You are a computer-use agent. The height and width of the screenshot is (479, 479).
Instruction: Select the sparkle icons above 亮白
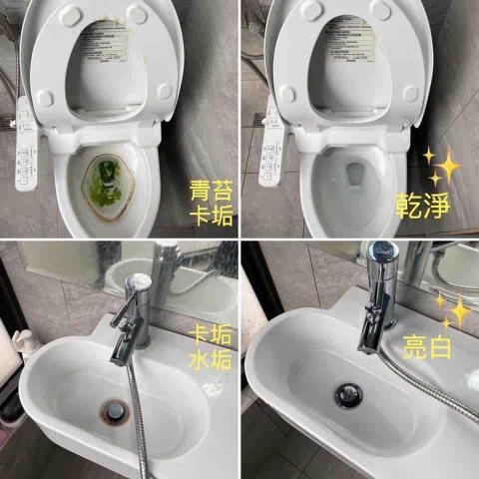pyautogui.click(x=454, y=309)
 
